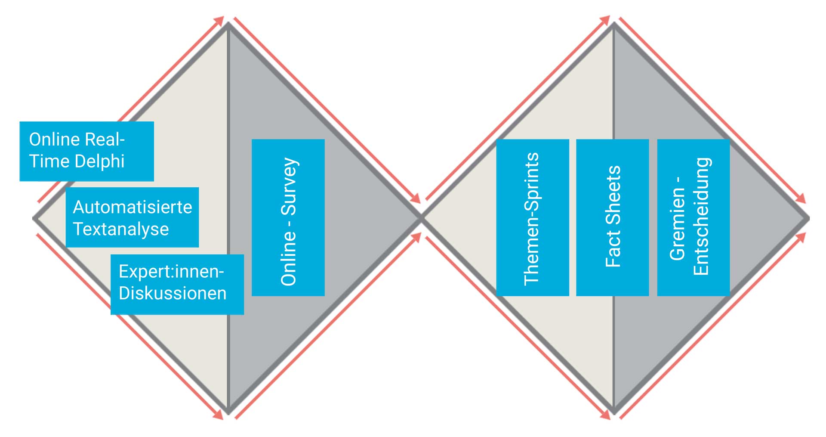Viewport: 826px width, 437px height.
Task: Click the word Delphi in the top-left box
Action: (99, 161)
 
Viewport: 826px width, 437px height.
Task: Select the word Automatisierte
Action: (133, 207)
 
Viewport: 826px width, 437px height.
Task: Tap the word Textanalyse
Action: (121, 229)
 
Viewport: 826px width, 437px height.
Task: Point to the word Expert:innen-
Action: (171, 272)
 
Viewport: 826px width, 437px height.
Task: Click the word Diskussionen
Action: (173, 293)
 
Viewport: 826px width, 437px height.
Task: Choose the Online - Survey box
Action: (288, 217)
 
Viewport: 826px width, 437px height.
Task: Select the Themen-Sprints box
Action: (532, 217)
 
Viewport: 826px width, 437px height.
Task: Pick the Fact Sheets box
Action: (612, 217)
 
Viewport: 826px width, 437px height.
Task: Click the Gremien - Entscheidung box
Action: (693, 217)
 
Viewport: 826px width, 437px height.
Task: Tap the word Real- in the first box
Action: (105, 139)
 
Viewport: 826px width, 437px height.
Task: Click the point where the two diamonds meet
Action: (421, 218)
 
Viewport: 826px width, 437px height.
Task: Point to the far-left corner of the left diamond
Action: (34, 218)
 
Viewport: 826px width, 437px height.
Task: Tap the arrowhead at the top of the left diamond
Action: (220, 20)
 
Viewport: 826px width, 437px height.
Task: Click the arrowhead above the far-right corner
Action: (801, 199)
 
